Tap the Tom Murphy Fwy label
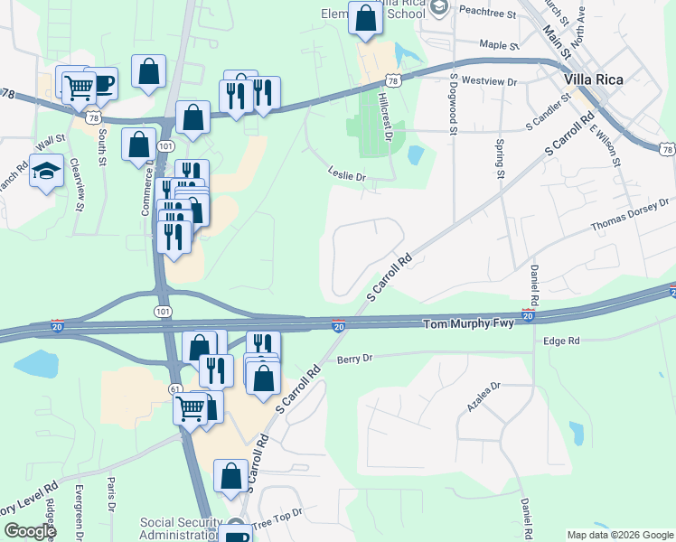(469, 323)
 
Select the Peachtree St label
(486, 15)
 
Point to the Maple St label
(500, 44)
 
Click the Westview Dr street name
(488, 81)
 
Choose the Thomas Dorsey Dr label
(630, 215)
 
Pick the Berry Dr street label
(354, 359)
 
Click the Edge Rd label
(561, 341)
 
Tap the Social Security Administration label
(181, 529)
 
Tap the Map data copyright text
(619, 535)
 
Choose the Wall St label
(51, 141)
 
